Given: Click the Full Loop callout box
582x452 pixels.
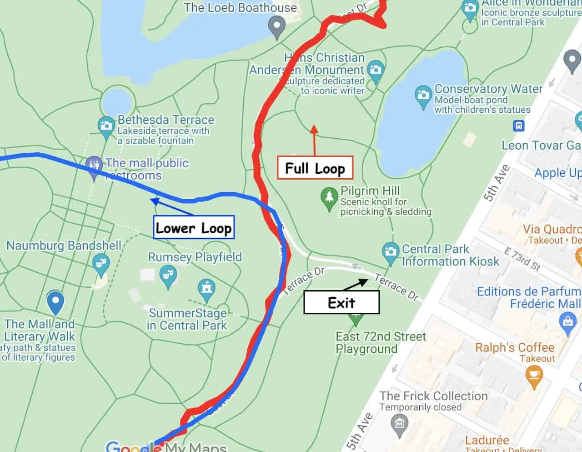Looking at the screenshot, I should pyautogui.click(x=315, y=168).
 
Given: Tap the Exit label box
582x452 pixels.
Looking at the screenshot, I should pyautogui.click(x=341, y=302).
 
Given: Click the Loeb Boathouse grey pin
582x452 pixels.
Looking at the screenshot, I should pyautogui.click(x=276, y=26).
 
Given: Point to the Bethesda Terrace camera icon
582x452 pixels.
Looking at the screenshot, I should pyautogui.click(x=106, y=125).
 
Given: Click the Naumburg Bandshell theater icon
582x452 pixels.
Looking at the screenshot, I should pyautogui.click(x=100, y=263).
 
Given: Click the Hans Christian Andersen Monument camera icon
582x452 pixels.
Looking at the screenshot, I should pyautogui.click(x=376, y=70).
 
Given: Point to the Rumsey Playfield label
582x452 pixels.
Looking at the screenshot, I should pyautogui.click(x=195, y=257).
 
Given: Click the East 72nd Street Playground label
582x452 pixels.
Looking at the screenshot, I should pyautogui.click(x=381, y=342).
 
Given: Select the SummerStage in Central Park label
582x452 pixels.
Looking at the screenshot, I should pyautogui.click(x=187, y=319).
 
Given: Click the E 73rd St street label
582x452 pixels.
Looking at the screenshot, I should pyautogui.click(x=522, y=259).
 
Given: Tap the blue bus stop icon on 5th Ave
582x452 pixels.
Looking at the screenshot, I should pyautogui.click(x=519, y=126).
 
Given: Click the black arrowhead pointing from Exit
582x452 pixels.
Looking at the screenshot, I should pyautogui.click(x=363, y=282).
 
